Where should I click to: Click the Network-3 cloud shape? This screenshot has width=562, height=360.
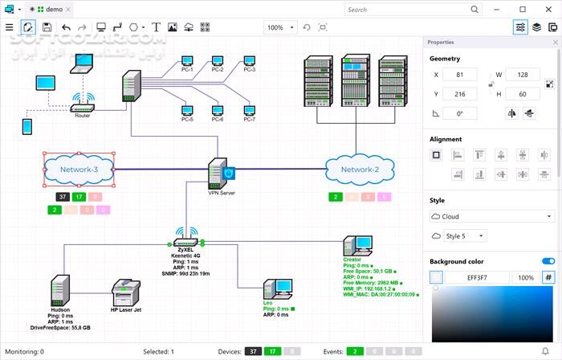pyautogui.click(x=79, y=170)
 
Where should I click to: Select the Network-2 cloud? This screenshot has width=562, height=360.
pyautogui.click(x=360, y=170)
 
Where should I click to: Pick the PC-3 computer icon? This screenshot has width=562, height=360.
pyautogui.click(x=249, y=60)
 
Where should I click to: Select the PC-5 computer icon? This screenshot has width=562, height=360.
pyautogui.click(x=187, y=110)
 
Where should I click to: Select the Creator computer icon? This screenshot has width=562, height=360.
pyautogui.click(x=356, y=247)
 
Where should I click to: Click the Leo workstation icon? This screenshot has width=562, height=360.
pyautogui.click(x=277, y=288)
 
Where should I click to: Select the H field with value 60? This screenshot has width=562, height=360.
pyautogui.click(x=527, y=94)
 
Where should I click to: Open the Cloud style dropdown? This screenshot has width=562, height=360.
pyautogui.click(x=491, y=216)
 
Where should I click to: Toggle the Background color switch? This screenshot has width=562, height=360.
pyautogui.click(x=548, y=261)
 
